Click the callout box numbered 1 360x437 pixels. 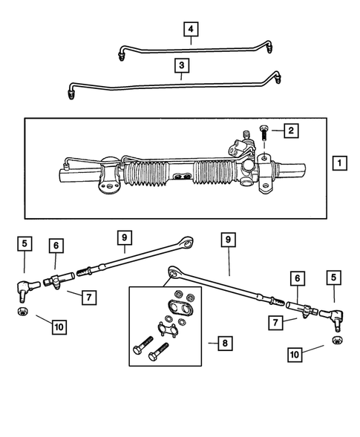pyautogui.click(x=338, y=162)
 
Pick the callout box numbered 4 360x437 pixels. pyautogui.click(x=191, y=29)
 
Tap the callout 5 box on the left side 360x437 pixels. pyautogui.click(x=24, y=243)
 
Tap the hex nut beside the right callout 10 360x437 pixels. pyautogui.click(x=335, y=339)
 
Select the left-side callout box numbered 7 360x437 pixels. pyautogui.click(x=88, y=297)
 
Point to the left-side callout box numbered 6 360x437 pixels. pyautogui.click(x=56, y=246)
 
